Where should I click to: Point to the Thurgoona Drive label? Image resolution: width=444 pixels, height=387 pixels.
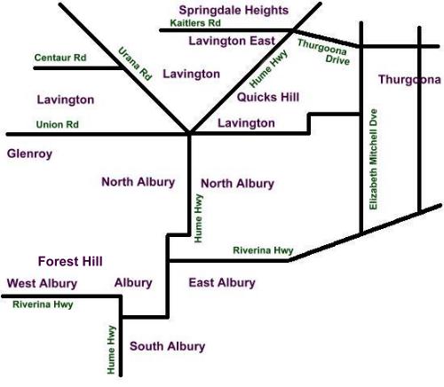tap(322, 51)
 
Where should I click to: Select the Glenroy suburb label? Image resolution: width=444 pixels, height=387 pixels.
tap(29, 154)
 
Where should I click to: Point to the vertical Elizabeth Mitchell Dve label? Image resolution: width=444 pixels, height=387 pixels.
tap(374, 161)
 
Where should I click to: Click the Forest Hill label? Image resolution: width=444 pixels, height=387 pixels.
tap(70, 261)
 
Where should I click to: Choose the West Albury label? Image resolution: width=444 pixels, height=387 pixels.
tap(42, 283)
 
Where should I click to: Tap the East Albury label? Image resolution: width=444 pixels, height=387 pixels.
tap(222, 282)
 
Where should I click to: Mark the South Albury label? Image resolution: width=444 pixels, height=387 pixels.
tap(167, 346)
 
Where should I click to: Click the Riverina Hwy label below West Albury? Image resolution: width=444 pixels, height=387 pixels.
tap(44, 304)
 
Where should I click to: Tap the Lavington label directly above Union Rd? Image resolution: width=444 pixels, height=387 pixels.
tap(65, 100)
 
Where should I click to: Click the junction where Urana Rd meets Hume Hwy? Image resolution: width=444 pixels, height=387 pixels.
tap(190, 135)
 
